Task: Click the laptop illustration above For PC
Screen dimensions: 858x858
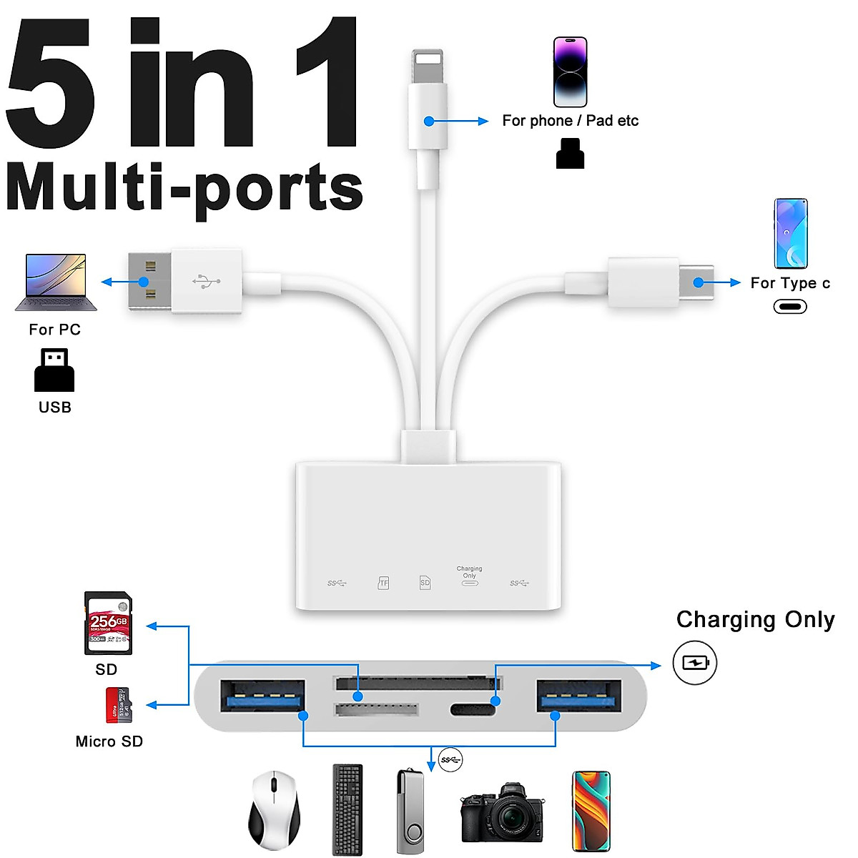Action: click(x=56, y=282)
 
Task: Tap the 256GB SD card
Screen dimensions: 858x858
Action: click(x=108, y=623)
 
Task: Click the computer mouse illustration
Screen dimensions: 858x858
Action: click(x=274, y=810)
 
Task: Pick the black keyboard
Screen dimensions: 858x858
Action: click(x=347, y=809)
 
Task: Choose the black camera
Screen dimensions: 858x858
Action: click(x=500, y=813)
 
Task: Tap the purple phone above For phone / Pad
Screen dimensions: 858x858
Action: click(x=571, y=72)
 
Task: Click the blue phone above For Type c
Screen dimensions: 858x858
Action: click(x=791, y=233)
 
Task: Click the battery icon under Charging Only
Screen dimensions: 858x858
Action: click(x=694, y=663)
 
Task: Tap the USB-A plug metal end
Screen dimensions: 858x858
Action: click(x=149, y=282)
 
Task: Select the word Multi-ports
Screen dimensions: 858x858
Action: click(x=184, y=188)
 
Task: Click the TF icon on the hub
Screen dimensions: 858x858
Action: click(x=384, y=583)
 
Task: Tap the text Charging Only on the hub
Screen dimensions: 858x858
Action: click(x=469, y=572)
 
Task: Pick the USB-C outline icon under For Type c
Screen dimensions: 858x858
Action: click(x=790, y=307)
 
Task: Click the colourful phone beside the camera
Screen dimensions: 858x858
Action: click(x=591, y=811)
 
